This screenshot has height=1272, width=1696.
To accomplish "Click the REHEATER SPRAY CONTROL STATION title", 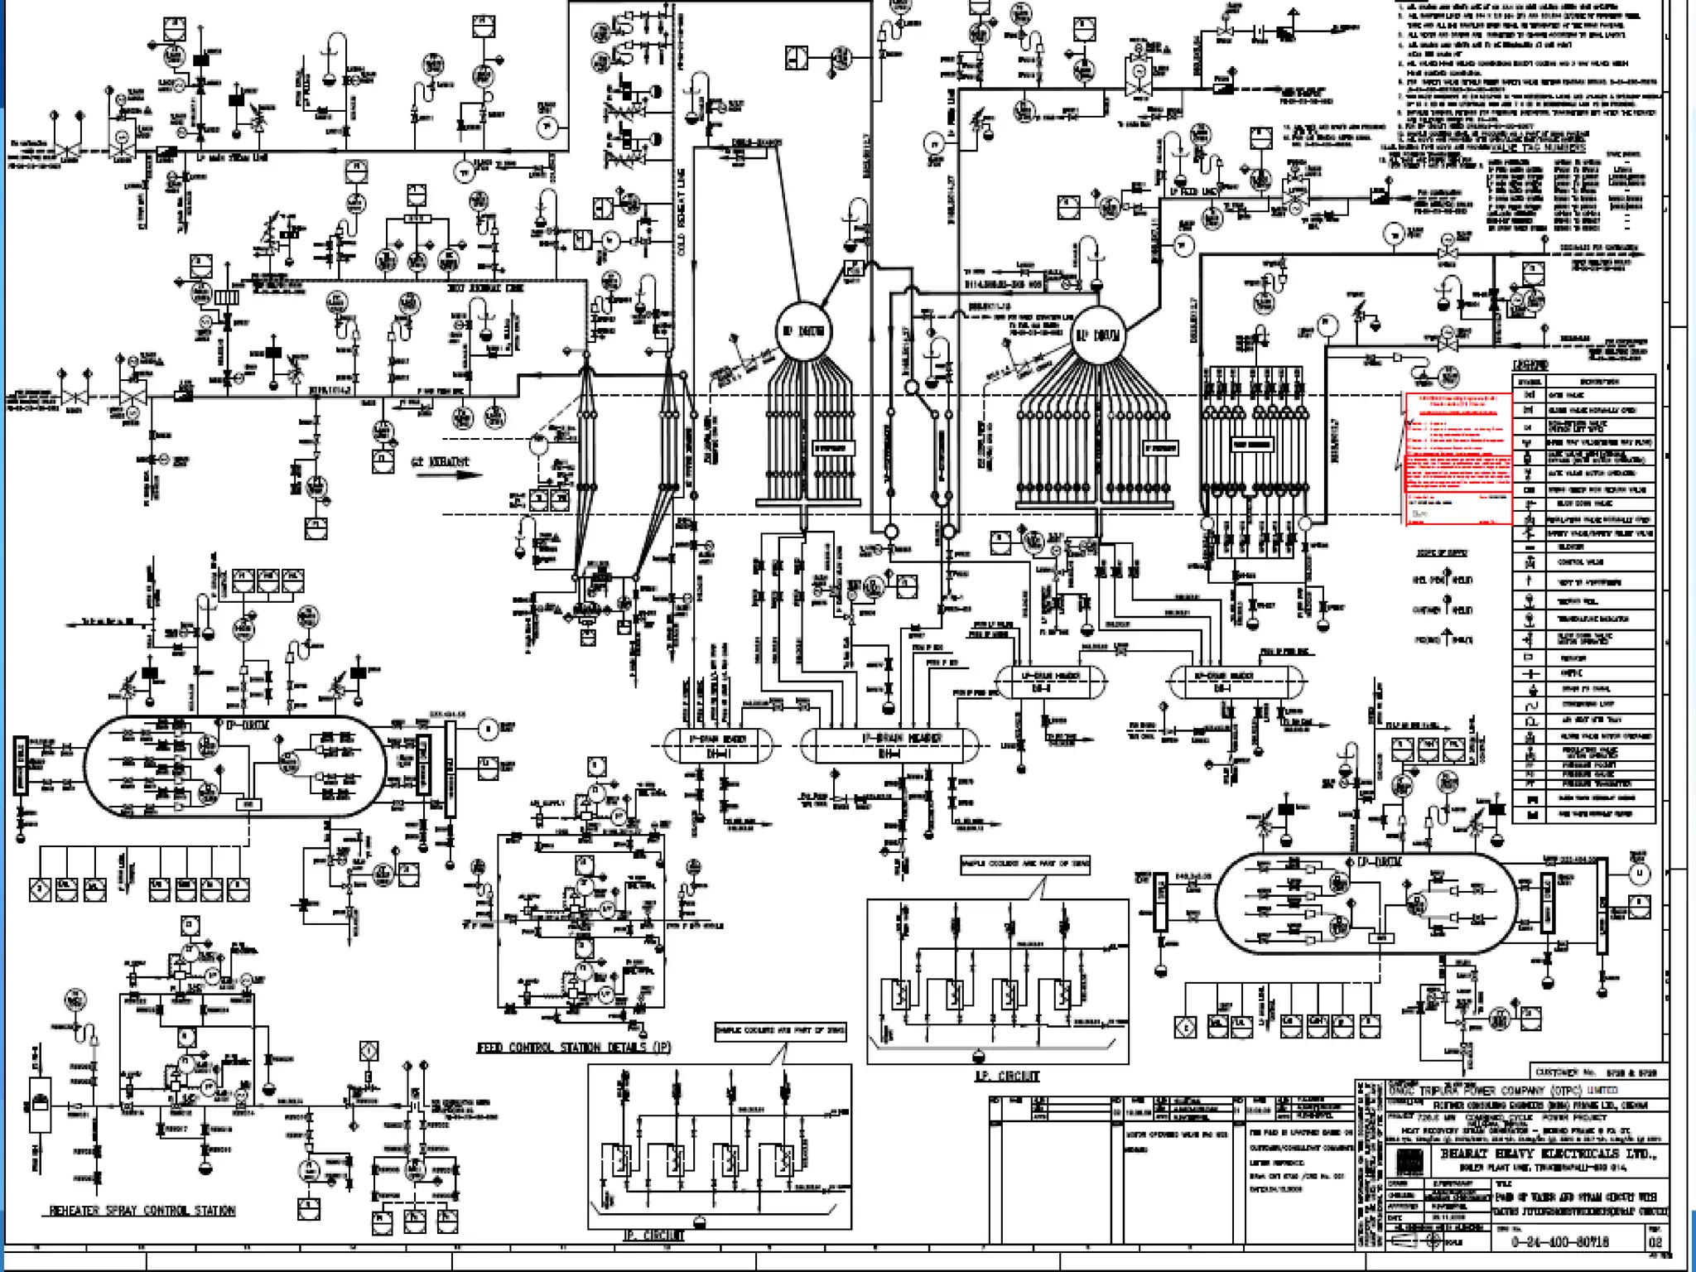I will [142, 1211].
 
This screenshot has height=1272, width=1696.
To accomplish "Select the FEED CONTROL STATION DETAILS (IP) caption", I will [574, 1048].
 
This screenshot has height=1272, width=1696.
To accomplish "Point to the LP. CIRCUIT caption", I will [1006, 1076].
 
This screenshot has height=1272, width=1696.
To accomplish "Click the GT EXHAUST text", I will [441, 461].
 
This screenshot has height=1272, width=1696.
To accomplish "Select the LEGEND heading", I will [1530, 365].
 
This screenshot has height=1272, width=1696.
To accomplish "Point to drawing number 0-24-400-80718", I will [1560, 1241].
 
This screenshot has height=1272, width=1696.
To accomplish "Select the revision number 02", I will [1655, 1241].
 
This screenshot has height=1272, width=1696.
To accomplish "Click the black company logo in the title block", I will [1409, 1161].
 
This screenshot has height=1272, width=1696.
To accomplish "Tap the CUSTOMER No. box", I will [1595, 1072].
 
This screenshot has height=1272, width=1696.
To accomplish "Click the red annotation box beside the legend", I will [1457, 457].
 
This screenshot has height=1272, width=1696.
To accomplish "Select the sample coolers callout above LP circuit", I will [1024, 865].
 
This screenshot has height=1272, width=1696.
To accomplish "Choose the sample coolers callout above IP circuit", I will [780, 1031].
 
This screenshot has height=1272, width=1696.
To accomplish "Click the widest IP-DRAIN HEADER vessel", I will [891, 745].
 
